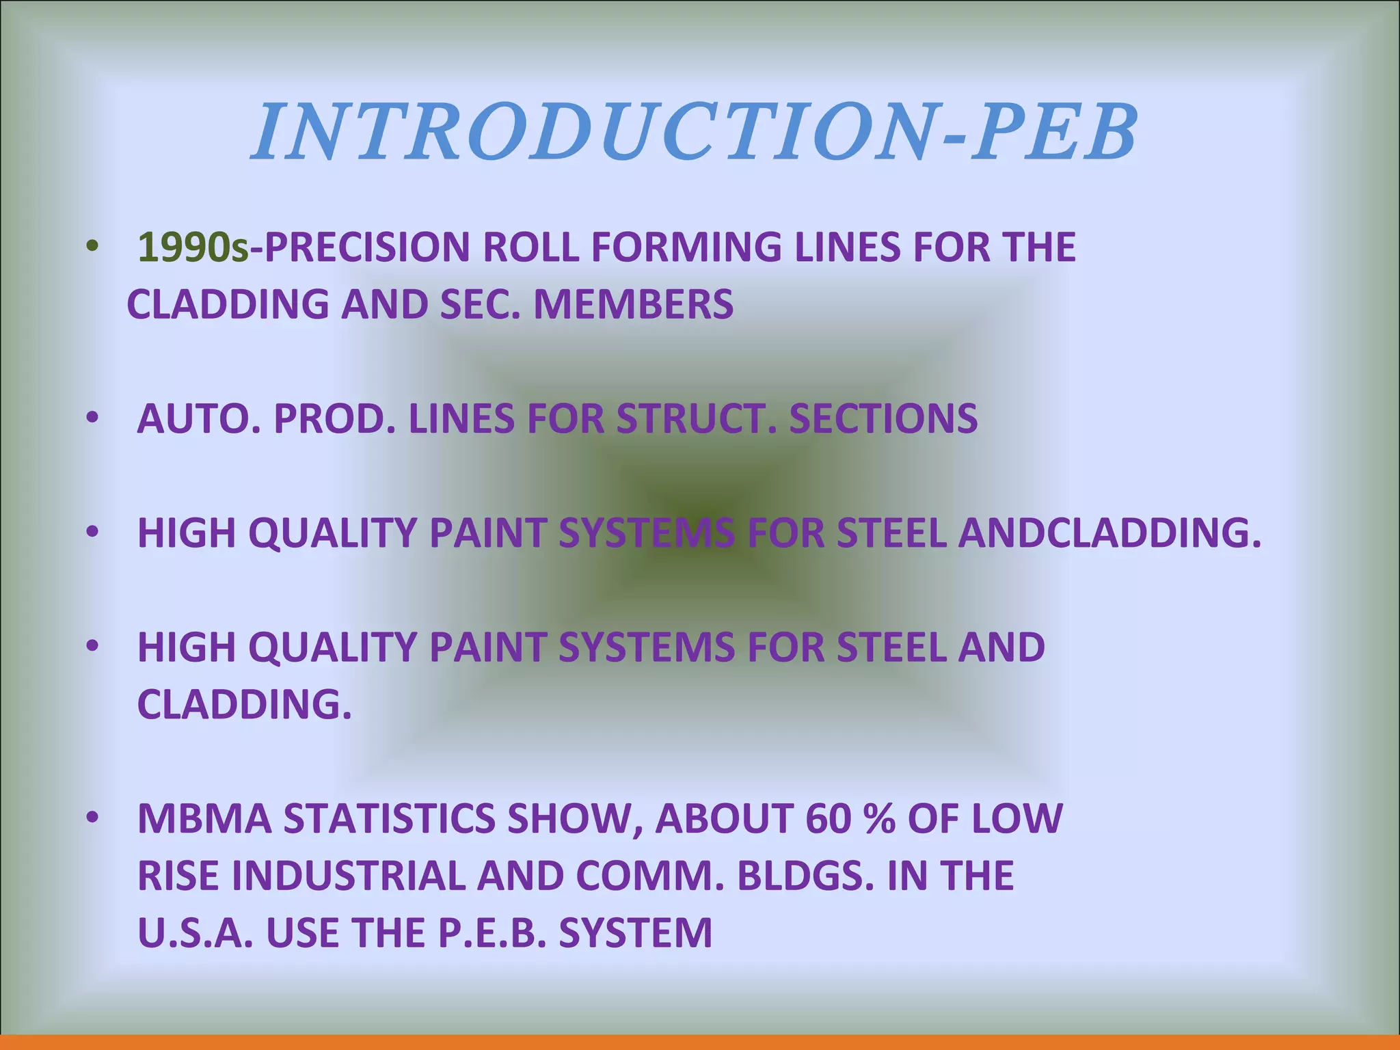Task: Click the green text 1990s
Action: pyautogui.click(x=193, y=247)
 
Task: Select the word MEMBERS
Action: pyautogui.click(x=633, y=305)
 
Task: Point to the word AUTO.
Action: pyautogui.click(x=198, y=419)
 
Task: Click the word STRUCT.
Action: pyautogui.click(x=697, y=419)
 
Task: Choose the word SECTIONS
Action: pyautogui.click(x=883, y=419)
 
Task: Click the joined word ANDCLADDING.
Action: pyautogui.click(x=1109, y=533)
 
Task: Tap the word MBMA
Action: pyautogui.click(x=204, y=819)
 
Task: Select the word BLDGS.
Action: pyautogui.click(x=805, y=876)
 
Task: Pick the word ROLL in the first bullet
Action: pyautogui.click(x=532, y=247)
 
